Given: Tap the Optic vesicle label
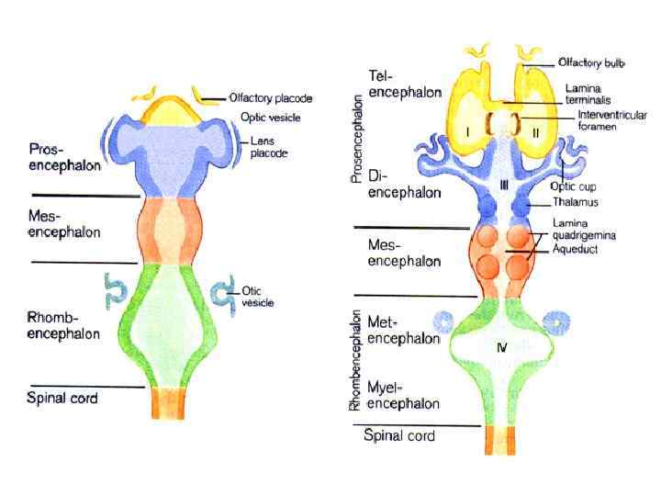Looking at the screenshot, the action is point(270,118).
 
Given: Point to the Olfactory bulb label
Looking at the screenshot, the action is point(595,62).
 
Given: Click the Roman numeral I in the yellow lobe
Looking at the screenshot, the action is point(468,132).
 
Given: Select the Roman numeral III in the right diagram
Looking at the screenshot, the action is point(504,186).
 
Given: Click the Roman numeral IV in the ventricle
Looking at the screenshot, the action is point(503,348).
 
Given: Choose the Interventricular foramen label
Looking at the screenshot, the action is point(612,121).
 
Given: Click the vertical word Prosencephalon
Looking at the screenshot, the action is point(358,140).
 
